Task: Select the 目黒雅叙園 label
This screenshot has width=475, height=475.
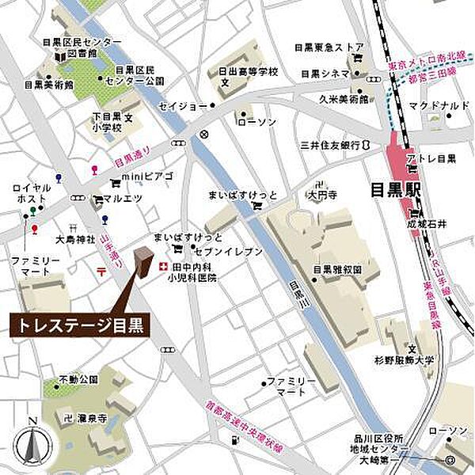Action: tap(337, 269)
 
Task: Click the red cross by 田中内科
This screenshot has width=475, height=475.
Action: tap(163, 267)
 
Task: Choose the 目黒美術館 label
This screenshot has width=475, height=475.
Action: tap(48, 84)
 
